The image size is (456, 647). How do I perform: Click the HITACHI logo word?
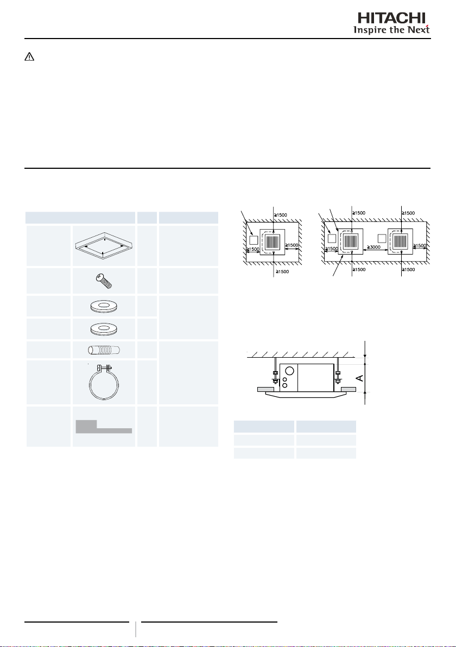[391, 18]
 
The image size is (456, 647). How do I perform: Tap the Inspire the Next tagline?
[391, 30]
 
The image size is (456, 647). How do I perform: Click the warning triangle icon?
[29, 57]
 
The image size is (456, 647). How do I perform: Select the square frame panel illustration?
[104, 246]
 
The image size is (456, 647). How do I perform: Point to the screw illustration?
[104, 281]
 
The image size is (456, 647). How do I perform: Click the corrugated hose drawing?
[104, 350]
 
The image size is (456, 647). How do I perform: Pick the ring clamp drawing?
[104, 382]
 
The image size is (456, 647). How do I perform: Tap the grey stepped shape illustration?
[104, 427]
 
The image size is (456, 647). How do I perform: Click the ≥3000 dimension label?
[373, 247]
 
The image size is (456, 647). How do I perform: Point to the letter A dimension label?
[360, 378]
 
